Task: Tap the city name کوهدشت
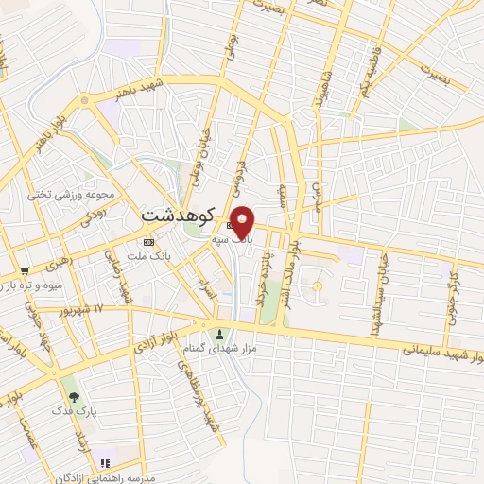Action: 179,215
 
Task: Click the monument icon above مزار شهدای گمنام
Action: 220,334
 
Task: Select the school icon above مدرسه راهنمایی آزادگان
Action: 106,463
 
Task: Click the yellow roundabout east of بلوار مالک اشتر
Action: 318,285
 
